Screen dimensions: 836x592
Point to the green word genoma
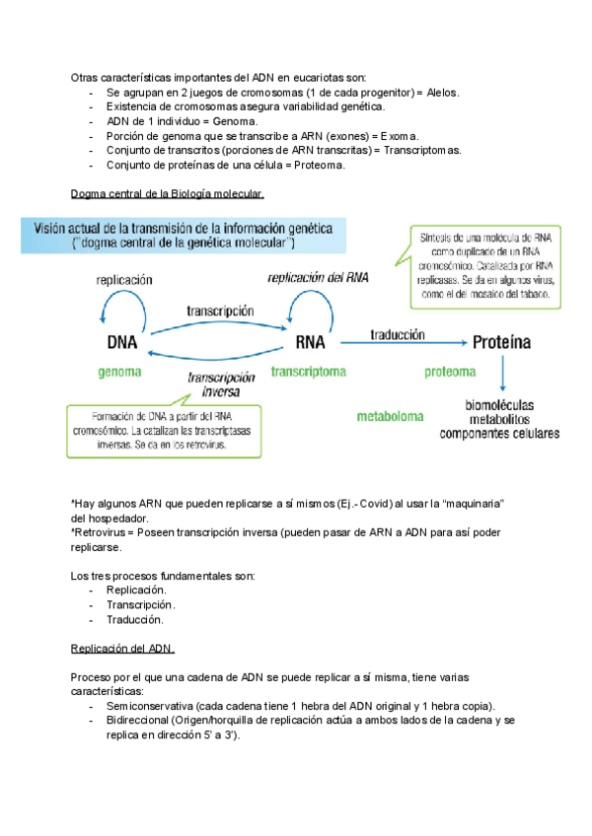click(x=120, y=373)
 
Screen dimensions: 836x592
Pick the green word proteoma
click(x=450, y=372)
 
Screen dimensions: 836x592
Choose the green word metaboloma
click(x=390, y=417)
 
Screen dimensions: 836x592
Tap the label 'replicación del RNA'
click(x=318, y=278)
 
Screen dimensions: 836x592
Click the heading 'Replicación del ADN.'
click(x=123, y=649)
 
